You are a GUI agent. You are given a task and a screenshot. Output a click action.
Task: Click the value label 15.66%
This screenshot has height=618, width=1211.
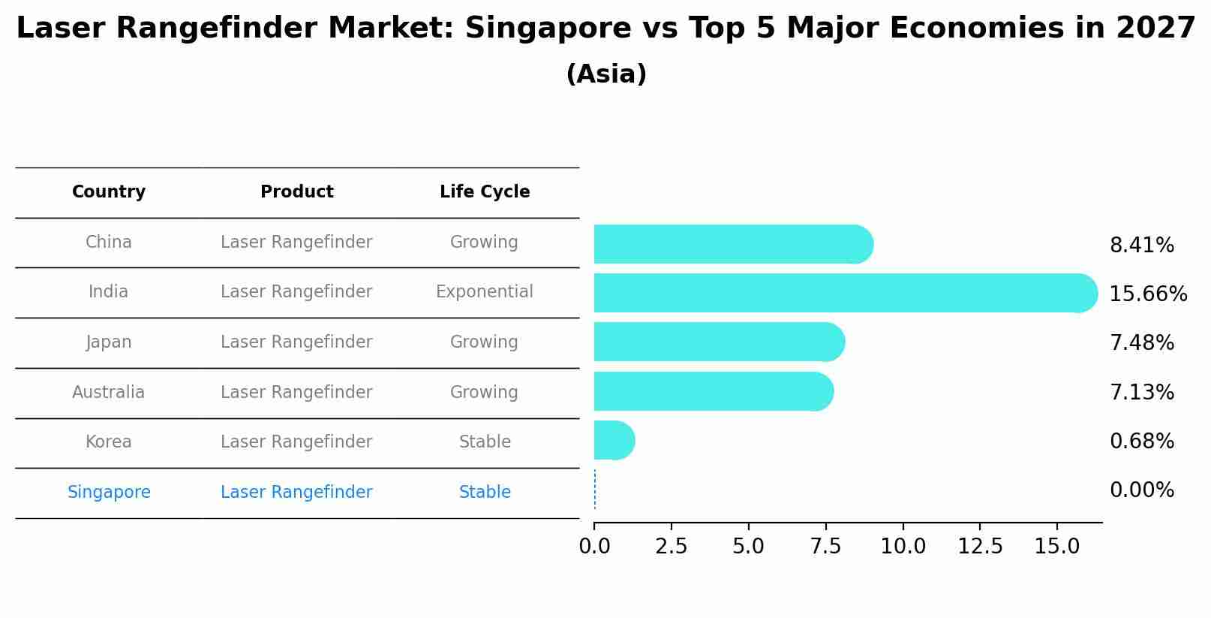tap(1147, 294)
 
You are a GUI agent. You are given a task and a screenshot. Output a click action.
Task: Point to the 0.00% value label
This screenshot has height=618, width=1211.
tap(1141, 490)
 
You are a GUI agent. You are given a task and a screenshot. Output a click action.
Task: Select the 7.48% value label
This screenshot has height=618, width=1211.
tap(1141, 343)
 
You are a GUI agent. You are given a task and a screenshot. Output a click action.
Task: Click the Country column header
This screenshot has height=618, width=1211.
tap(109, 192)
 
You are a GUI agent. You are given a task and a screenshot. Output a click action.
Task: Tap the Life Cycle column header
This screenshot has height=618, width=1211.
tap(485, 192)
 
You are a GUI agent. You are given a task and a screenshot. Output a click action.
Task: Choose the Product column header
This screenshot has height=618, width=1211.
tap(296, 192)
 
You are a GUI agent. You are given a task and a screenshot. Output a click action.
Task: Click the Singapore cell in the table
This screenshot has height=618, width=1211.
tap(109, 493)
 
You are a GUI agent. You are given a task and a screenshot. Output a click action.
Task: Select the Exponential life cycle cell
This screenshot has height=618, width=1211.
tap(485, 292)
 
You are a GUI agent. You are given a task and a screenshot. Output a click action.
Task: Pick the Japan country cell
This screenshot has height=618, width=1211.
tap(109, 342)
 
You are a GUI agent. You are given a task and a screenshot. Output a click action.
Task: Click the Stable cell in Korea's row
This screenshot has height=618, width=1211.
tap(485, 442)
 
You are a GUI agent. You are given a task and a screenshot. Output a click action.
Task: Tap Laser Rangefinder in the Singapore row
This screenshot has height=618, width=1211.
tap(296, 493)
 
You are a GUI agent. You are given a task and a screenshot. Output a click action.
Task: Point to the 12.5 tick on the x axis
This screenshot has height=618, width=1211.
tap(980, 547)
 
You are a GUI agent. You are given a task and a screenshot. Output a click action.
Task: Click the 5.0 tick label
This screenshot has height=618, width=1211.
tap(748, 547)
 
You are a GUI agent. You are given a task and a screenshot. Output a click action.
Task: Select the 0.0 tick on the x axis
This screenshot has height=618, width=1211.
tap(594, 547)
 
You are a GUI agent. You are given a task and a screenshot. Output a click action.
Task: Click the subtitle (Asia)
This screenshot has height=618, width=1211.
tap(606, 74)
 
